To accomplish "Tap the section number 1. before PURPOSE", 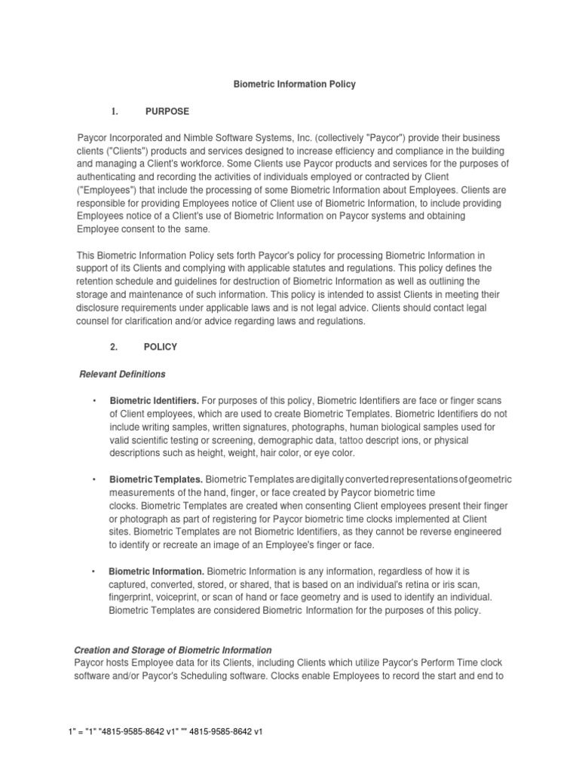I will (115, 112).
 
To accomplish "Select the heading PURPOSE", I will (167, 112).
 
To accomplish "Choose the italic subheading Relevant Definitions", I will (122, 374).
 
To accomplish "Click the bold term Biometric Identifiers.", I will (155, 400).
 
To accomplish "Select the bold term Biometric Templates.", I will (156, 479).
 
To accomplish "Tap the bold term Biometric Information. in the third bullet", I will (157, 571).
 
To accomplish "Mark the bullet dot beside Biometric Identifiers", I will (93, 400).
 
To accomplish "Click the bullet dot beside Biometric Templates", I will (93, 479).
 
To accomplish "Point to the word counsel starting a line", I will (94, 321).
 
